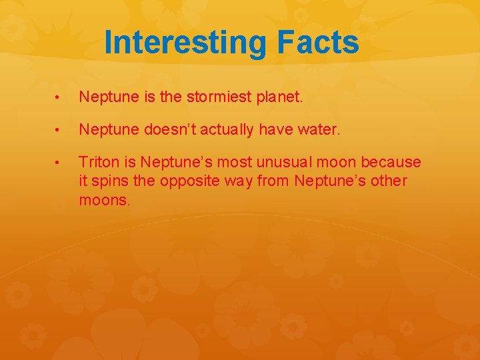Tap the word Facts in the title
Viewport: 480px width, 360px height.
tap(317, 42)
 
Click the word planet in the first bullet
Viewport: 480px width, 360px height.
tap(279, 98)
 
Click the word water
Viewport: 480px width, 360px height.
tap(319, 130)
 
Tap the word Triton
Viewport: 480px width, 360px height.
tap(97, 162)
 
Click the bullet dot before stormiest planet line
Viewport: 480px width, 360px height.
tap(59, 99)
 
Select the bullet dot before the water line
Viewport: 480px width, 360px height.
tap(59, 131)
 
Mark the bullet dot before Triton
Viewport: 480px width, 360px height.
tap(59, 163)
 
